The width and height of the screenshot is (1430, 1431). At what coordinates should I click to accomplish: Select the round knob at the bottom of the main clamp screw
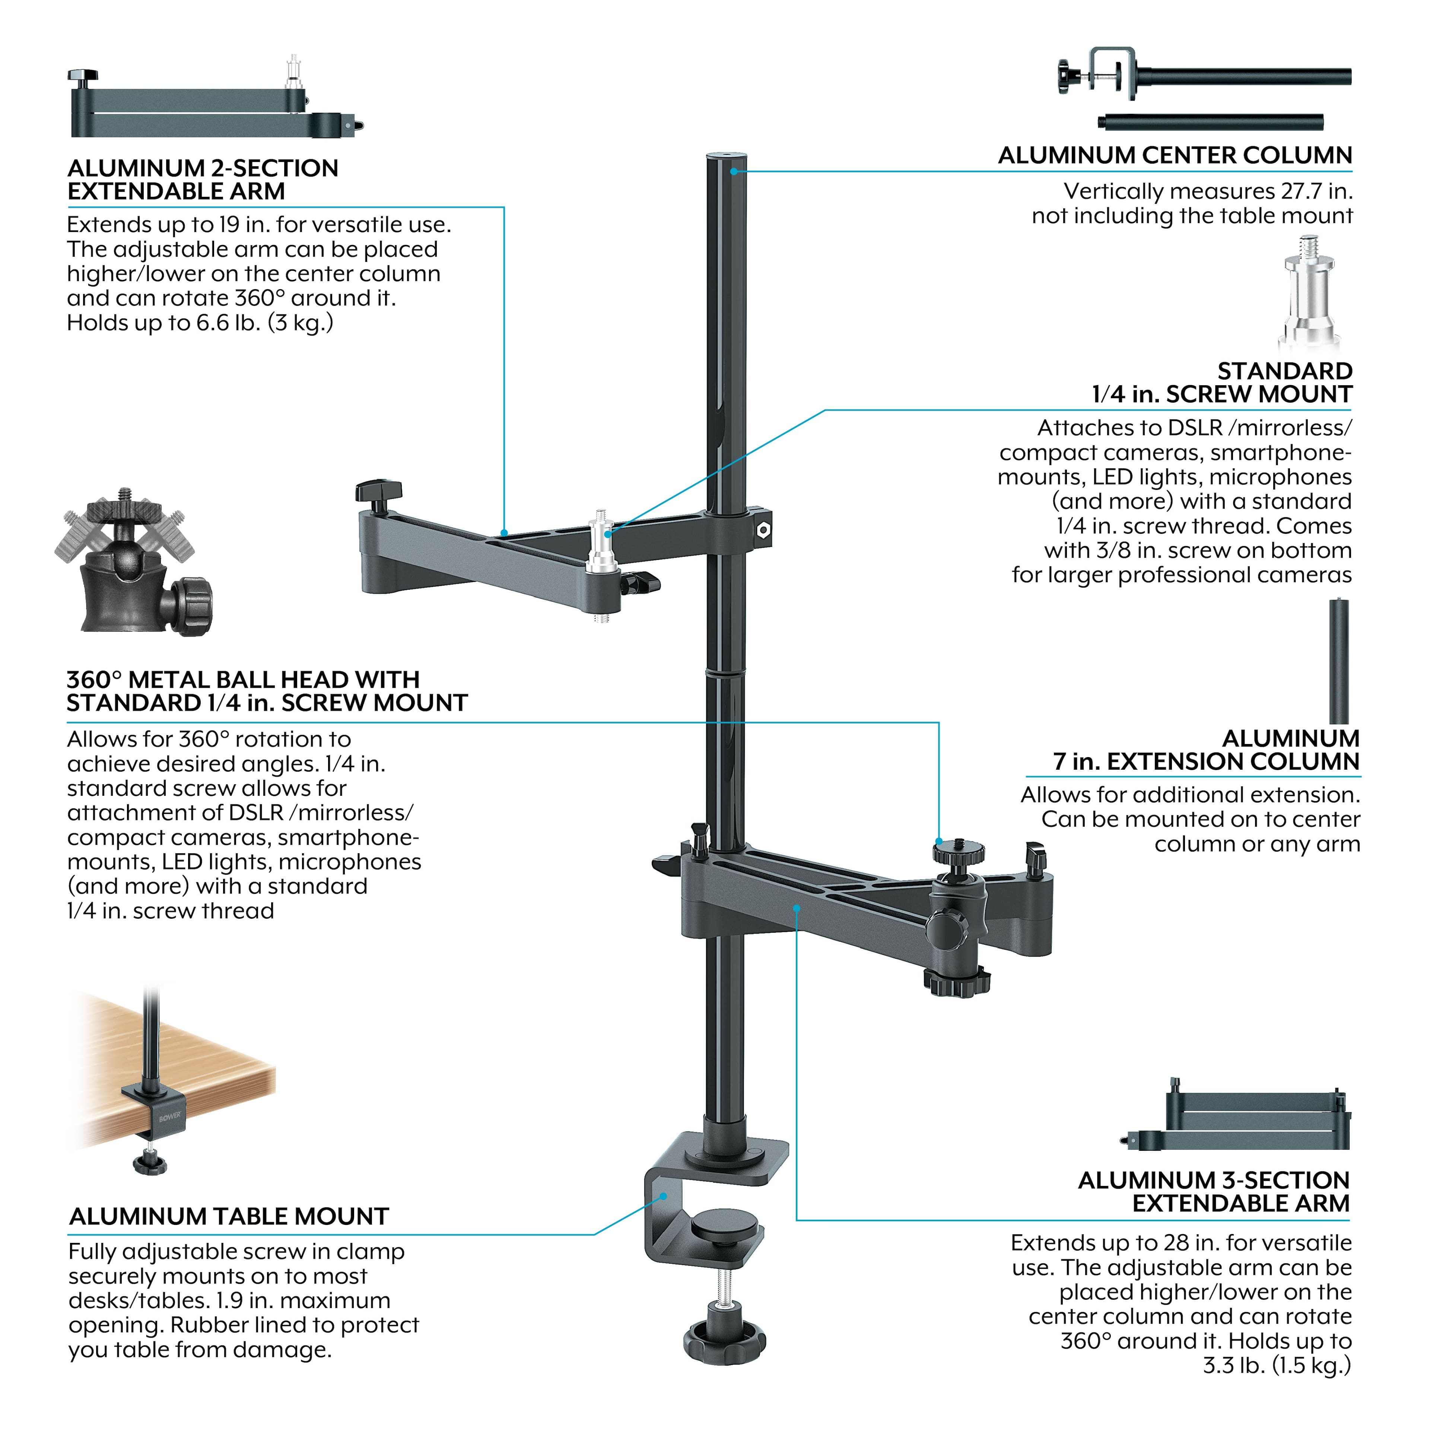[724, 1342]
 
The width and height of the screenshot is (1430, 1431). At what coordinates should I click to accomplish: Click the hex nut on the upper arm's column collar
[763, 529]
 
